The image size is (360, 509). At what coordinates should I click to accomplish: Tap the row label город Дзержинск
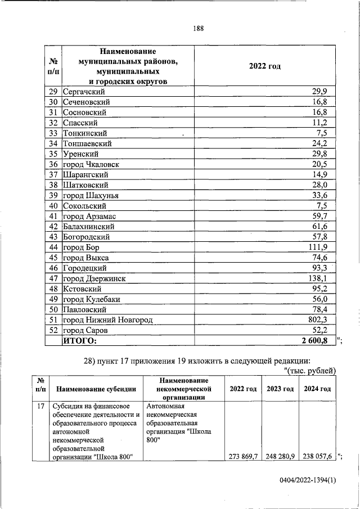pos(94,278)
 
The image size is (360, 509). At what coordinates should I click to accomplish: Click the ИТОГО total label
pos(80,340)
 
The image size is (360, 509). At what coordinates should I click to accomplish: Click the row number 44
pos(54,247)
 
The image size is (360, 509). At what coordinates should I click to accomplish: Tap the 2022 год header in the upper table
pos(264,66)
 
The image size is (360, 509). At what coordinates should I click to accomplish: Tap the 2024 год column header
pos(317,389)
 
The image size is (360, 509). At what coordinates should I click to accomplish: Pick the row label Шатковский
pos(85,184)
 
